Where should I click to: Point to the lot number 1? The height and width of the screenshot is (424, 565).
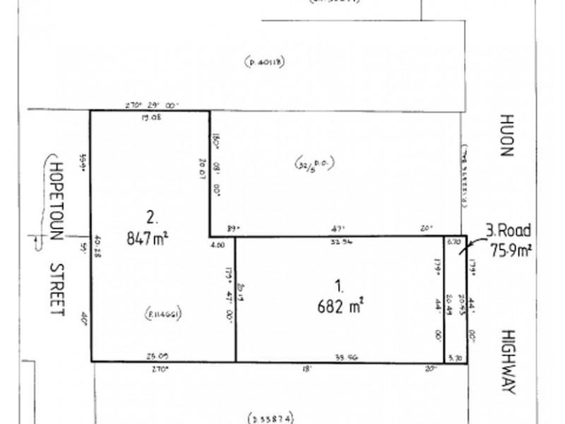(x=339, y=287)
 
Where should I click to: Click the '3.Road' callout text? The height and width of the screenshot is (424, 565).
(x=509, y=230)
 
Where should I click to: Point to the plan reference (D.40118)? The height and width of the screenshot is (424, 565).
(x=264, y=63)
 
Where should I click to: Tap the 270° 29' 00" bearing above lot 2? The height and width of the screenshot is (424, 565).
(x=152, y=105)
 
